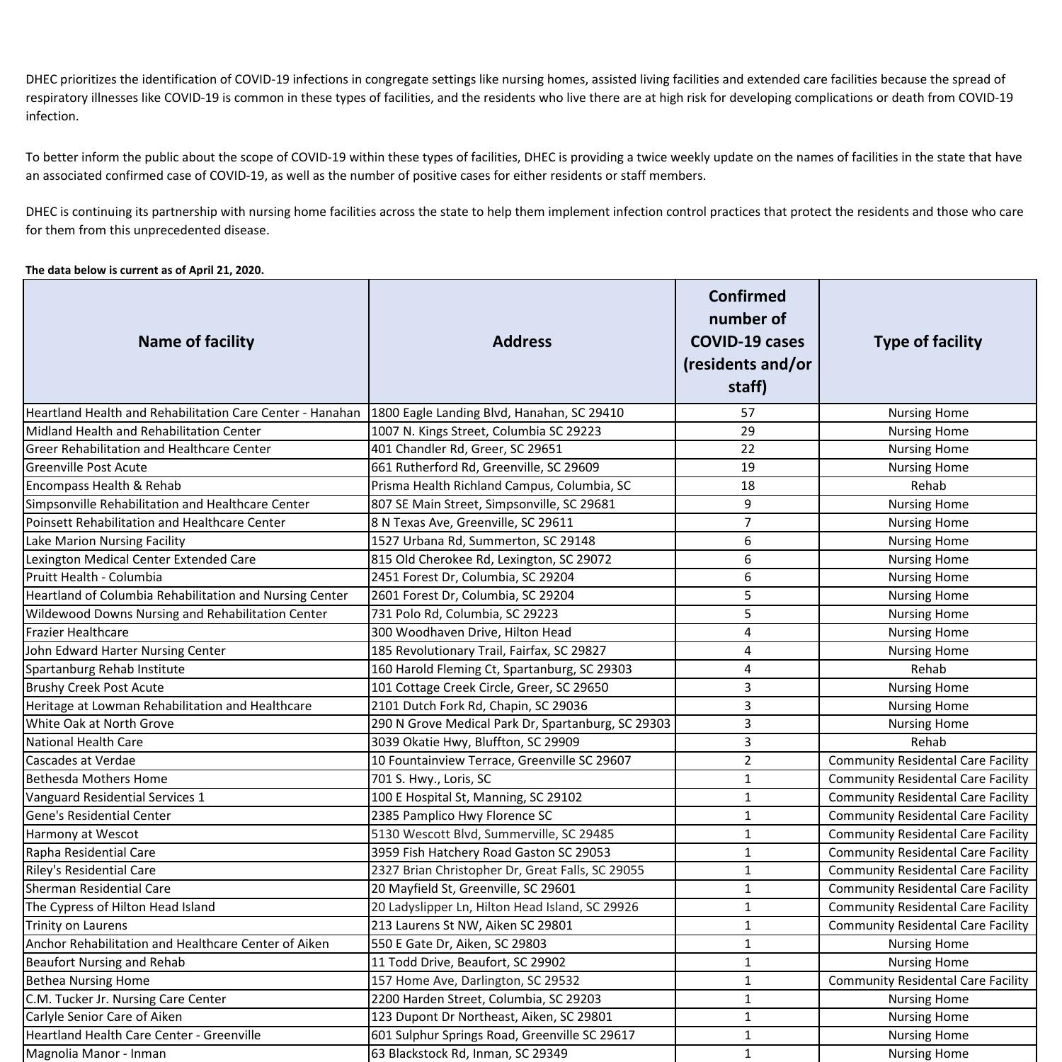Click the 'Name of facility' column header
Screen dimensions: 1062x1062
pyautogui.click(x=196, y=341)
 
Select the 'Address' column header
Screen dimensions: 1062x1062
pyautogui.click(x=522, y=341)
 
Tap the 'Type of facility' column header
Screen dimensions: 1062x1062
pyautogui.click(x=927, y=341)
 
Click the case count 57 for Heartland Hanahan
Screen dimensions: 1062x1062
pyautogui.click(x=747, y=413)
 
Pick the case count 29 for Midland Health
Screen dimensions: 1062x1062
pyautogui.click(x=747, y=431)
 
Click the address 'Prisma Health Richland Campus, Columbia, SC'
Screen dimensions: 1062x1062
pyautogui.click(x=501, y=486)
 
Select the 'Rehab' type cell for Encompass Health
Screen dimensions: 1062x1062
pyautogui.click(x=927, y=486)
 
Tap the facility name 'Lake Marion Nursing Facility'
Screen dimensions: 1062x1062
pyautogui.click(x=105, y=541)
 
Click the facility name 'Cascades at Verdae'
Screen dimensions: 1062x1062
pyautogui.click(x=81, y=760)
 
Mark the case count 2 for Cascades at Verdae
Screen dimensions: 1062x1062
pyautogui.click(x=747, y=760)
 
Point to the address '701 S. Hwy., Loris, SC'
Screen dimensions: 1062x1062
pyautogui.click(x=430, y=779)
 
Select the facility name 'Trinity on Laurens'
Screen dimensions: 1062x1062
pyautogui.click(x=76, y=925)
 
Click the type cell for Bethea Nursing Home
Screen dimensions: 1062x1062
pyautogui.click(x=927, y=981)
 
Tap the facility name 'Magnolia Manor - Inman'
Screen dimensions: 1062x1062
pyautogui.click(x=96, y=1054)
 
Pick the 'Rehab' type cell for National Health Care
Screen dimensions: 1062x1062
pyautogui.click(x=927, y=742)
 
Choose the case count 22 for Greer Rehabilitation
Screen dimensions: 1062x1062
pyautogui.click(x=747, y=449)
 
